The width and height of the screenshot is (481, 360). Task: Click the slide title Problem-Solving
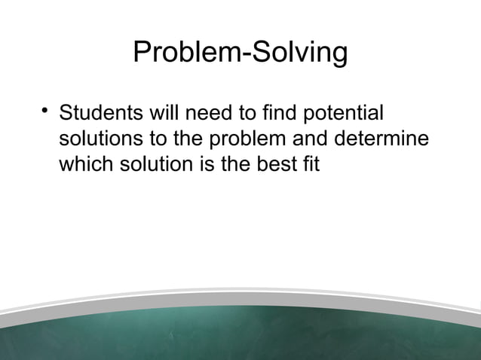(x=240, y=53)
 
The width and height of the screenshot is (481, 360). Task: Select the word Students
(x=98, y=116)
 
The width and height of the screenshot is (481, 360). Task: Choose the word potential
(x=345, y=117)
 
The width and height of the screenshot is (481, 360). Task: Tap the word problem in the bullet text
(x=247, y=141)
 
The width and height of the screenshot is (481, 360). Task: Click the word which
(x=86, y=163)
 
